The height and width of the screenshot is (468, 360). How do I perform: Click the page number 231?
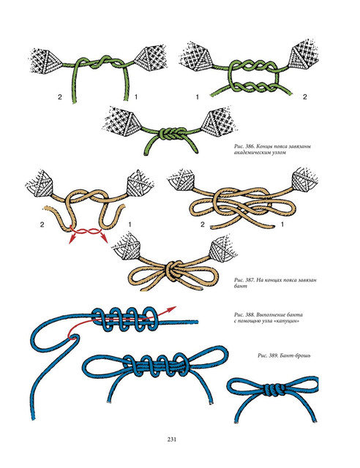coord(171,439)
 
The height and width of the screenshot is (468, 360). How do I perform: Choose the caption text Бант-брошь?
coord(296,355)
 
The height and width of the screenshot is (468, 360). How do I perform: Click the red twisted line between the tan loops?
coord(86,231)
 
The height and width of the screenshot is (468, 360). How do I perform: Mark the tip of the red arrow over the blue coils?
coord(176,307)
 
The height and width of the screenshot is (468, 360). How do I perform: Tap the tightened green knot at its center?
coord(169,132)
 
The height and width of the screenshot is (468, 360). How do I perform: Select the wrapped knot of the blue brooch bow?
coord(273,390)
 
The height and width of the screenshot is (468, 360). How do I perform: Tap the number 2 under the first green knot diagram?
coord(60,97)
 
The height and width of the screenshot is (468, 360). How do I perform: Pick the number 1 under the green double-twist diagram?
coord(197,97)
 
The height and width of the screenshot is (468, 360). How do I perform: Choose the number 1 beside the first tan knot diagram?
coord(130,224)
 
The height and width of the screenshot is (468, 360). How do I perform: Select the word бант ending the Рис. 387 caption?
coord(241,286)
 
